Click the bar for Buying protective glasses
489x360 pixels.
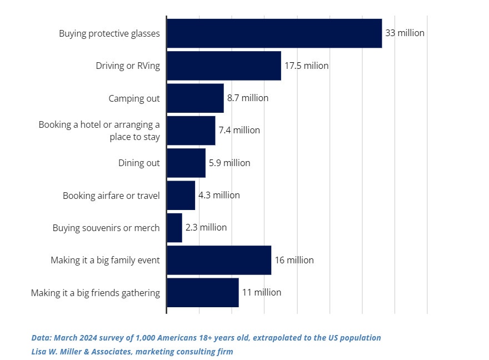(x=274, y=33)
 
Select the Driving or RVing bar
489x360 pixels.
(x=223, y=66)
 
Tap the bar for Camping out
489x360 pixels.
(x=195, y=98)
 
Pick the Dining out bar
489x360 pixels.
(x=186, y=163)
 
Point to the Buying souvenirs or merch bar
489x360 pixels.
(x=174, y=228)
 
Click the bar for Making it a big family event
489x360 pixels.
(x=219, y=260)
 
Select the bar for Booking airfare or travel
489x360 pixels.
(x=181, y=196)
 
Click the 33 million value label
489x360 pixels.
(x=405, y=33)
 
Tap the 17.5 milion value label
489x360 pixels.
(x=306, y=66)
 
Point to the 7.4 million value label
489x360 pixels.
(x=239, y=131)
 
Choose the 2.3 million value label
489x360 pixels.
(x=206, y=228)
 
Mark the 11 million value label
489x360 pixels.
(x=261, y=293)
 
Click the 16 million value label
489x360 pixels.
(x=294, y=260)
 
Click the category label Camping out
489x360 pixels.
(x=134, y=98)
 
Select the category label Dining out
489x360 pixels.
(x=139, y=163)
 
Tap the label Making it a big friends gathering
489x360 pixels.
(x=95, y=293)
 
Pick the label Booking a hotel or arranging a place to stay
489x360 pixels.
(x=99, y=131)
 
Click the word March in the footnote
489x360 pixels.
(x=65, y=338)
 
